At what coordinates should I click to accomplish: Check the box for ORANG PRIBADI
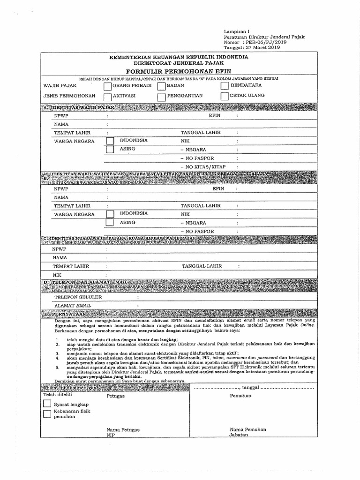click(x=108, y=87)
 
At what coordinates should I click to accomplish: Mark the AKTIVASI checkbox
click(x=108, y=97)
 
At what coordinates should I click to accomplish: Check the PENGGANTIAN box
click(x=161, y=97)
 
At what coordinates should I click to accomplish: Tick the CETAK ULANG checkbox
click(x=224, y=96)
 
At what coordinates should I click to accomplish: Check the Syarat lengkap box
click(x=47, y=404)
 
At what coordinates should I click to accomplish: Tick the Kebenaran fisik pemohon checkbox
click(x=47, y=413)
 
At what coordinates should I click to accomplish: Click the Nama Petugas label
click(x=123, y=429)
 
